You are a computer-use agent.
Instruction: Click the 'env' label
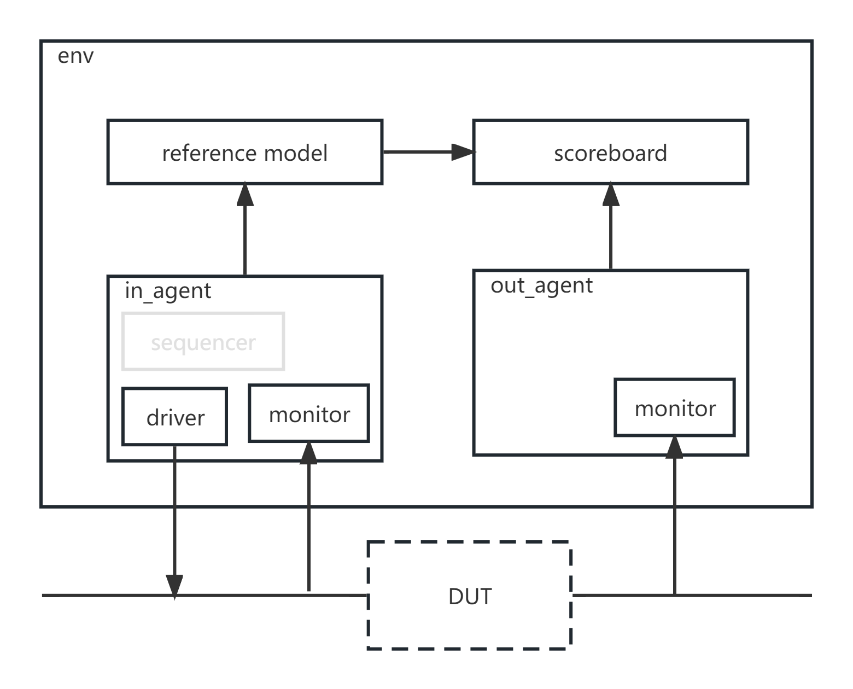(75, 56)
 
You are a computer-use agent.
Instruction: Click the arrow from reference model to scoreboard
(429, 151)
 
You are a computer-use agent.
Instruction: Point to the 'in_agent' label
(168, 291)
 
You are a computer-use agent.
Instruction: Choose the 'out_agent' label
(541, 286)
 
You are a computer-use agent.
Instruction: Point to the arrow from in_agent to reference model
(244, 229)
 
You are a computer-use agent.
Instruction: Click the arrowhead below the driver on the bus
(174, 587)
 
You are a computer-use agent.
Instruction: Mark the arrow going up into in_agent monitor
(309, 516)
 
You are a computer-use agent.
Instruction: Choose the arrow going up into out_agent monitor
(674, 515)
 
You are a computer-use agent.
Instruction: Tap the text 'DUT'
(470, 597)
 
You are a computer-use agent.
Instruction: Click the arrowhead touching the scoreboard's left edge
(463, 151)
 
